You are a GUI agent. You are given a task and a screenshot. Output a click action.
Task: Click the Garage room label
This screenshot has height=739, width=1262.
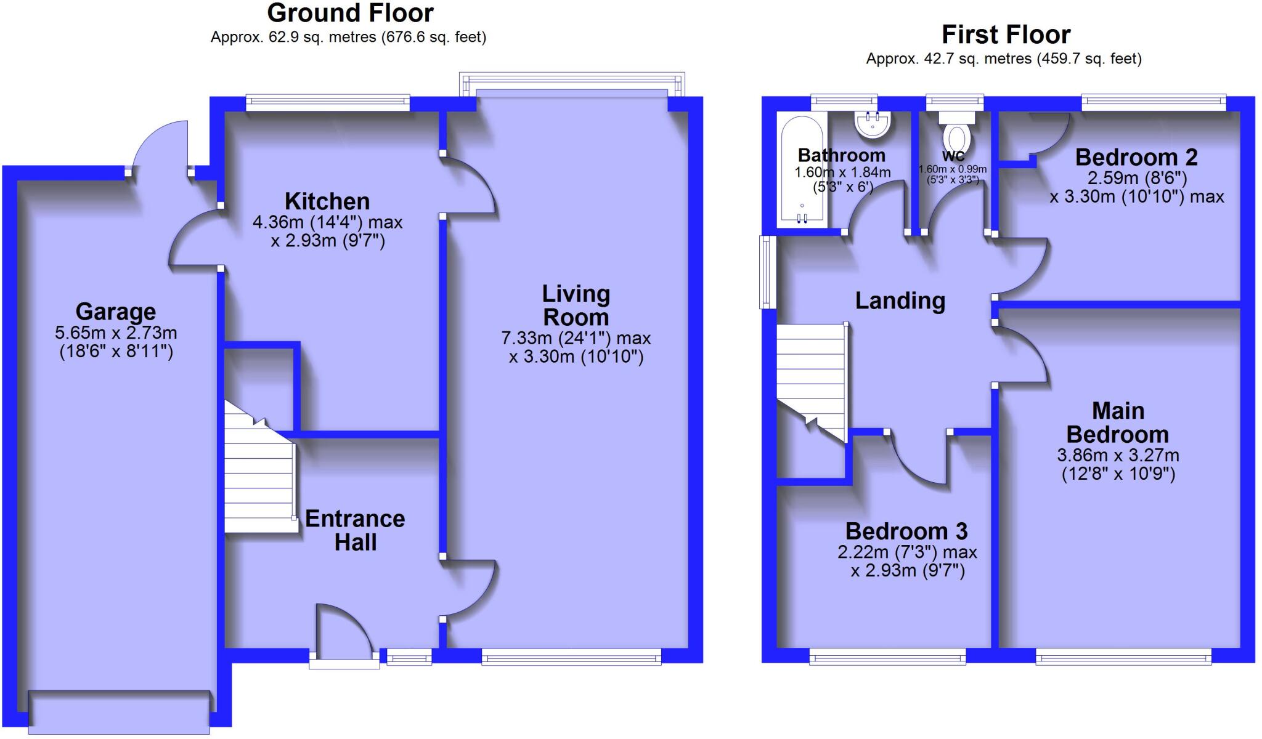[115, 312]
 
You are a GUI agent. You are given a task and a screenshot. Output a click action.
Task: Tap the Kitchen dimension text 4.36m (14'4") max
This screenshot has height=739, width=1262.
[327, 222]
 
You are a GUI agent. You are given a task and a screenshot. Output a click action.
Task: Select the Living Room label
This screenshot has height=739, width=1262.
[576, 305]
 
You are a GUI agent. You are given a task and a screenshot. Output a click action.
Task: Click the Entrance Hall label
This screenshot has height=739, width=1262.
[355, 530]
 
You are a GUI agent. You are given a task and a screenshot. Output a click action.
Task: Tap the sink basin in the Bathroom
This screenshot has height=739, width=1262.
[872, 125]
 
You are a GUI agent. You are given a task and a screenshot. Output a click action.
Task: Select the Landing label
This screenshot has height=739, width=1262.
[900, 301]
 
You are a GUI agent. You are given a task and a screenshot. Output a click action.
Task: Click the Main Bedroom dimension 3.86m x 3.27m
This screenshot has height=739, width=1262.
[1118, 456]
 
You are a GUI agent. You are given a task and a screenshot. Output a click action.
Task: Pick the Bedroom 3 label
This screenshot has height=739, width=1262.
[906, 531]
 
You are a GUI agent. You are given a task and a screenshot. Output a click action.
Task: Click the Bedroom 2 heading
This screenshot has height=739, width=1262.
[1136, 158]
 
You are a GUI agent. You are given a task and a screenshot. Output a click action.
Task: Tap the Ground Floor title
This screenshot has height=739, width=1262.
[350, 13]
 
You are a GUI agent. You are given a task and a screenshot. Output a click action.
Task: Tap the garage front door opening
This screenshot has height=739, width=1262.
[119, 711]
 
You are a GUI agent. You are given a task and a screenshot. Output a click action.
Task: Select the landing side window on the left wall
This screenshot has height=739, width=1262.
[767, 272]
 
